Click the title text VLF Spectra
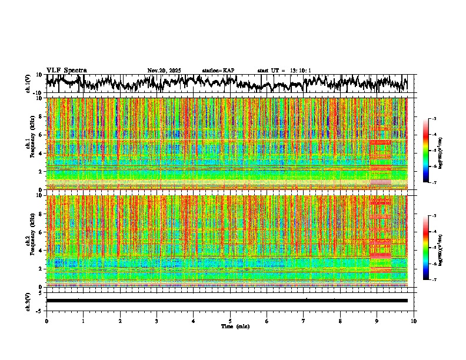tap(66, 70)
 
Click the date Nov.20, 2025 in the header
tap(164, 71)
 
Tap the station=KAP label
tap(218, 71)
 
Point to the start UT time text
tap(284, 71)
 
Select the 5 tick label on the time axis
tap(230, 321)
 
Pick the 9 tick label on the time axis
tap(377, 321)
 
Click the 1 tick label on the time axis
tap(83, 321)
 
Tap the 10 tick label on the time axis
tap(414, 321)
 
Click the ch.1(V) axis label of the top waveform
tap(28, 84)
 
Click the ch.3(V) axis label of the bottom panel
tap(28, 300)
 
